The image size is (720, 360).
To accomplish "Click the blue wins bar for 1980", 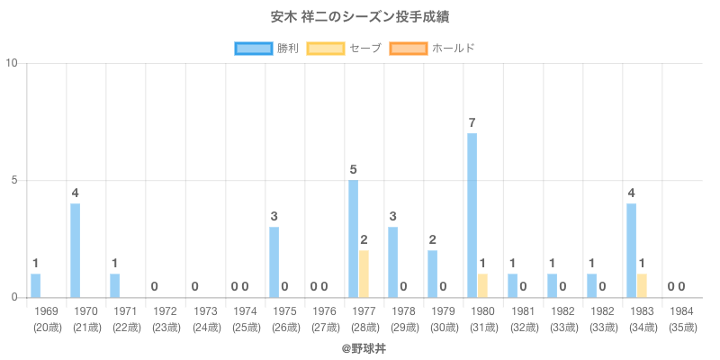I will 472,215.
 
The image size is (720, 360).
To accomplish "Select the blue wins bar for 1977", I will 353,238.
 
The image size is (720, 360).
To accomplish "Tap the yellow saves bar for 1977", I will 364,274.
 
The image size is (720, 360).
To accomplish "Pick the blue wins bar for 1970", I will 76,250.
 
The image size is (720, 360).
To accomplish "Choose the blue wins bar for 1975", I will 274,262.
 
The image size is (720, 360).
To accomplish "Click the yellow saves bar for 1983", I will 642,285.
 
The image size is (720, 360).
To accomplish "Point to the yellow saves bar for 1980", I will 482,285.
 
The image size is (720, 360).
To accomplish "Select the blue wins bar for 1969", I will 36,285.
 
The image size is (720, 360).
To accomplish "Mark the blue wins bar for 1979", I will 432,274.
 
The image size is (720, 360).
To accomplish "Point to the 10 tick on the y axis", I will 13,63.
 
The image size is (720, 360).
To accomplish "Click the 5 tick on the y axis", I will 16,180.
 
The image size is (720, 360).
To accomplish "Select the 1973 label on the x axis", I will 205,310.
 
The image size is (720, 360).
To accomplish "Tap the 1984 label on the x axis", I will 681,310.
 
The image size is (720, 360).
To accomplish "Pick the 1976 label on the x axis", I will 324,310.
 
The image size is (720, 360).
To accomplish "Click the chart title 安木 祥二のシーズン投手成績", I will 360,17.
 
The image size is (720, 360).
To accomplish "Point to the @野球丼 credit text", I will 360,346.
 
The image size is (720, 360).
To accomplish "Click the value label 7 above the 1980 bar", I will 472,122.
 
